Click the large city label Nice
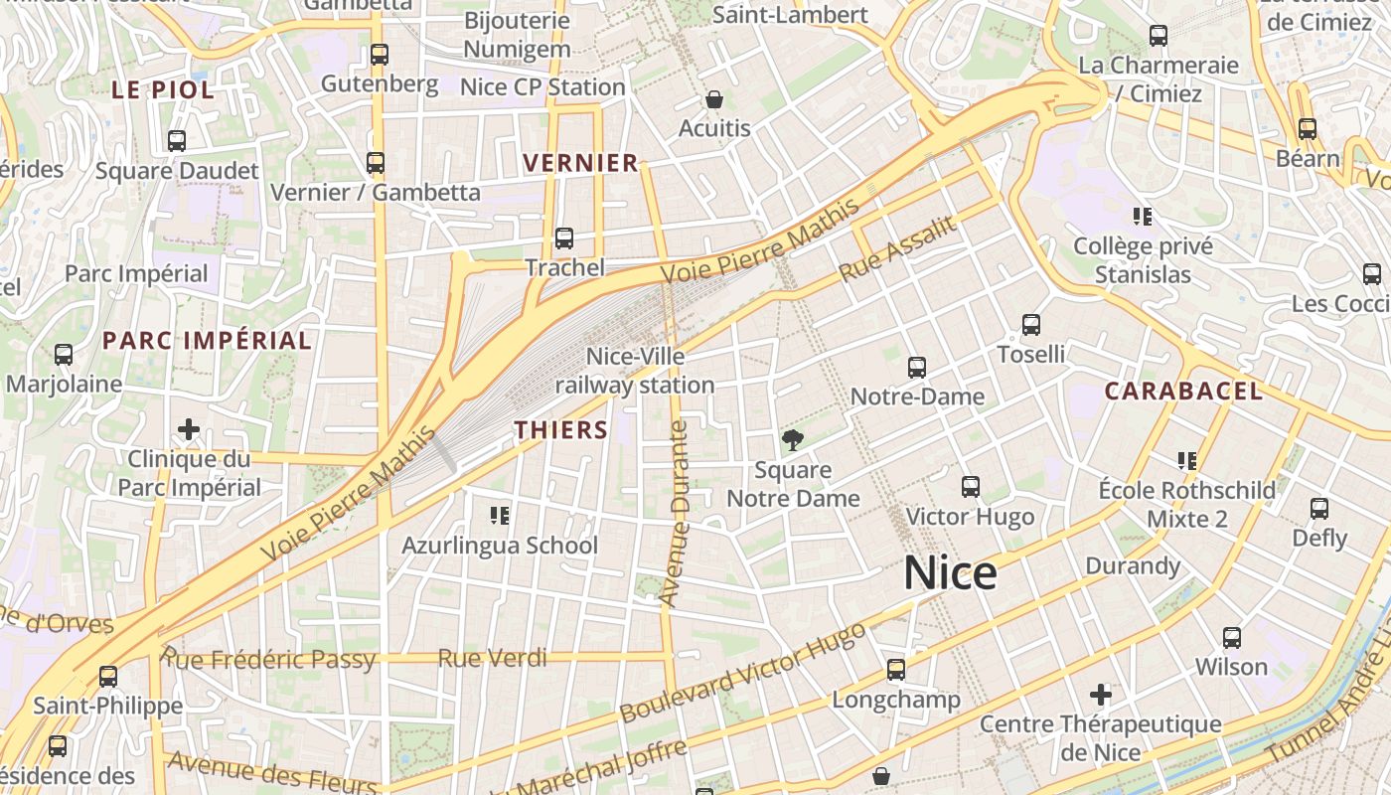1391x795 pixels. coord(950,574)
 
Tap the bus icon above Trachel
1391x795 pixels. coord(564,238)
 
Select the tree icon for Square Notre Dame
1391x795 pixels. coord(793,439)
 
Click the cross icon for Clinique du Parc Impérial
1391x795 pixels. coord(189,430)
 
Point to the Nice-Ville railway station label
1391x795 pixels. coord(635,370)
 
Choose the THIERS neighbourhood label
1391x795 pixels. coord(561,430)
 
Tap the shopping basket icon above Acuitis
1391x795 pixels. coord(713,99)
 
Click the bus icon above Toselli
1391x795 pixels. coord(1031,325)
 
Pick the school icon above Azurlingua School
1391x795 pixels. coord(500,516)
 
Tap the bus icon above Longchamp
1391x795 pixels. coord(896,670)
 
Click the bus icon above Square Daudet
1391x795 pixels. coord(177,141)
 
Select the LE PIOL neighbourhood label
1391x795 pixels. coord(162,90)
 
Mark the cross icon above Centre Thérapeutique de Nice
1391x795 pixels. coord(1101,695)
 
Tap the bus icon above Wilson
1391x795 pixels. coord(1232,638)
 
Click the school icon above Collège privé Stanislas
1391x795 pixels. coord(1143,216)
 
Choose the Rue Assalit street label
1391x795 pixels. coord(897,248)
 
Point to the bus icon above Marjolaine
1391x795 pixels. coord(64,355)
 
